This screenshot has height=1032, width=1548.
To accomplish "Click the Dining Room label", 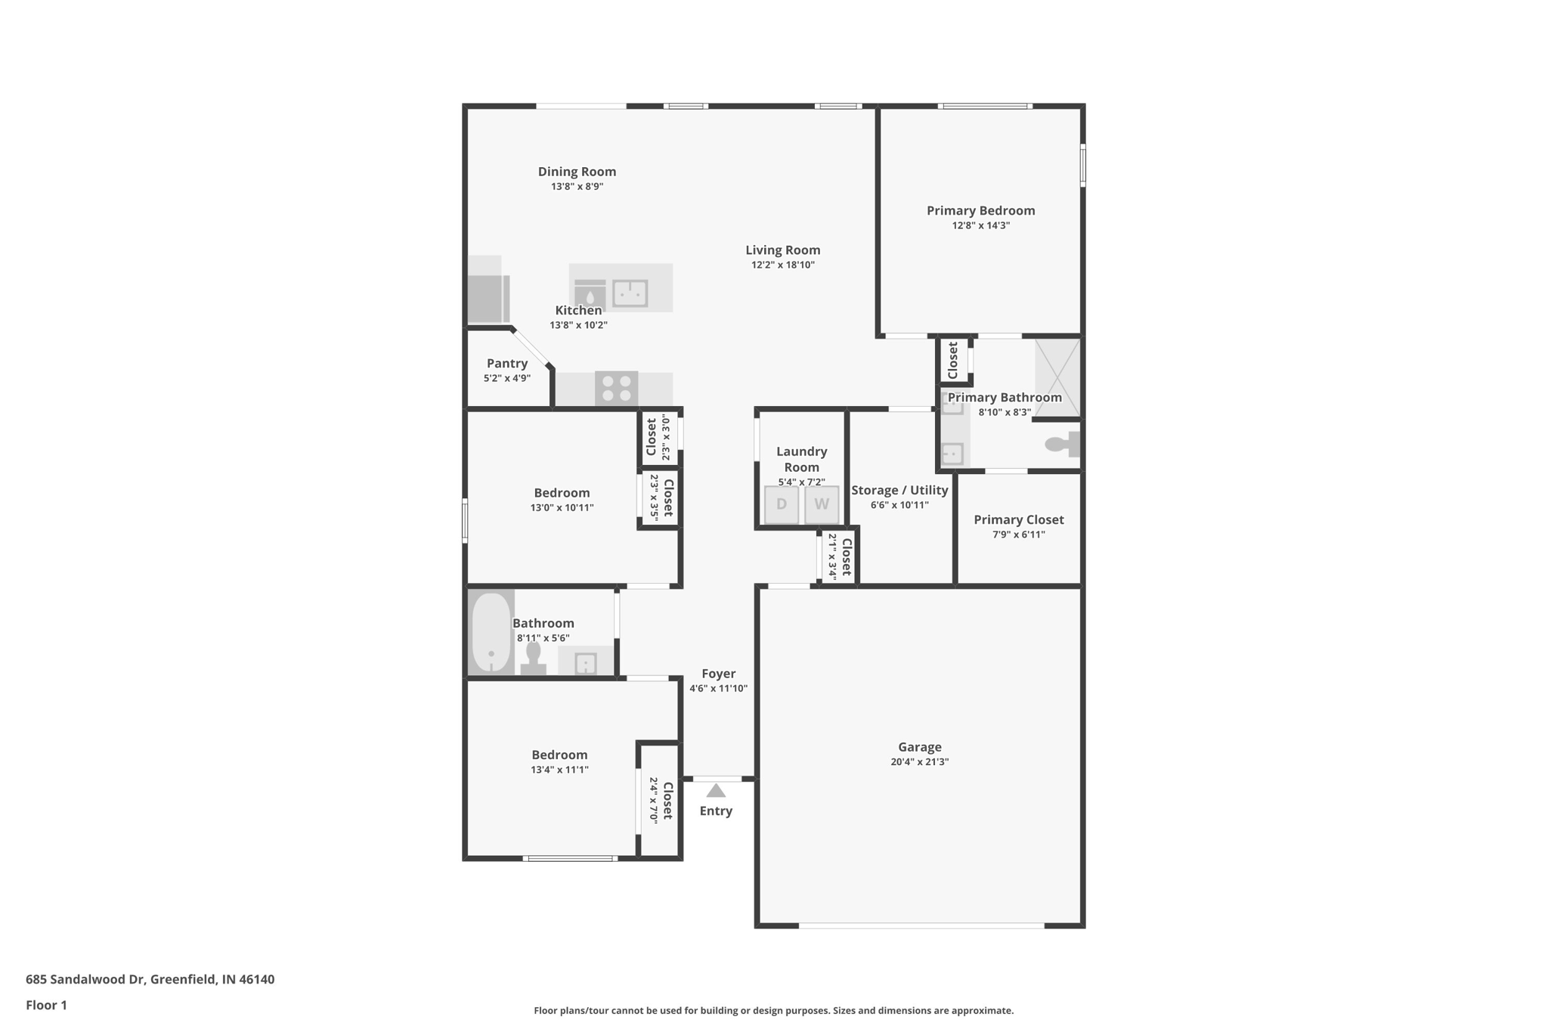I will pos(577,172).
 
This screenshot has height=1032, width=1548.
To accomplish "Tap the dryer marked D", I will pos(782,504).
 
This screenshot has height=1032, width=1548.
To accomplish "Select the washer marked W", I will pos(822,504).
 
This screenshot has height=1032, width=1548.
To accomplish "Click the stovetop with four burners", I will pos(616,389).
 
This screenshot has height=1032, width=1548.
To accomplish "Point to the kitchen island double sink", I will pos(630,293).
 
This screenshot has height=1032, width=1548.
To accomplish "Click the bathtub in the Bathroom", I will pos(491,632).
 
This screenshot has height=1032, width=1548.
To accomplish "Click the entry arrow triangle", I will pos(716,791).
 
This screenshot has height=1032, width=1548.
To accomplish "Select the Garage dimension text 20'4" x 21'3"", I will pos(919,762).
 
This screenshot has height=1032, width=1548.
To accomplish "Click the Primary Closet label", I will pos(1018,519).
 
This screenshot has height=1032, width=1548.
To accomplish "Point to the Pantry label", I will pos(507,364).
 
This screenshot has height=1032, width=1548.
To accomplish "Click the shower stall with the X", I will pos(1057,377).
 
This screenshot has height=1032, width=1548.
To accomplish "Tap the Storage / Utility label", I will pos(899,490).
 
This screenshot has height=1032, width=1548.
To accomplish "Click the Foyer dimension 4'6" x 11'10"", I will pos(718,689).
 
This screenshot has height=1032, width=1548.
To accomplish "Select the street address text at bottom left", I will pos(150,979).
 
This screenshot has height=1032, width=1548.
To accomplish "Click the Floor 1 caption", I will pos(46,1005).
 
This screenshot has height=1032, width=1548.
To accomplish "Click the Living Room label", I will pos(782,250).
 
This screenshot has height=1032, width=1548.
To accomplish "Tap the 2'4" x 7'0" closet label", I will pos(654,800).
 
